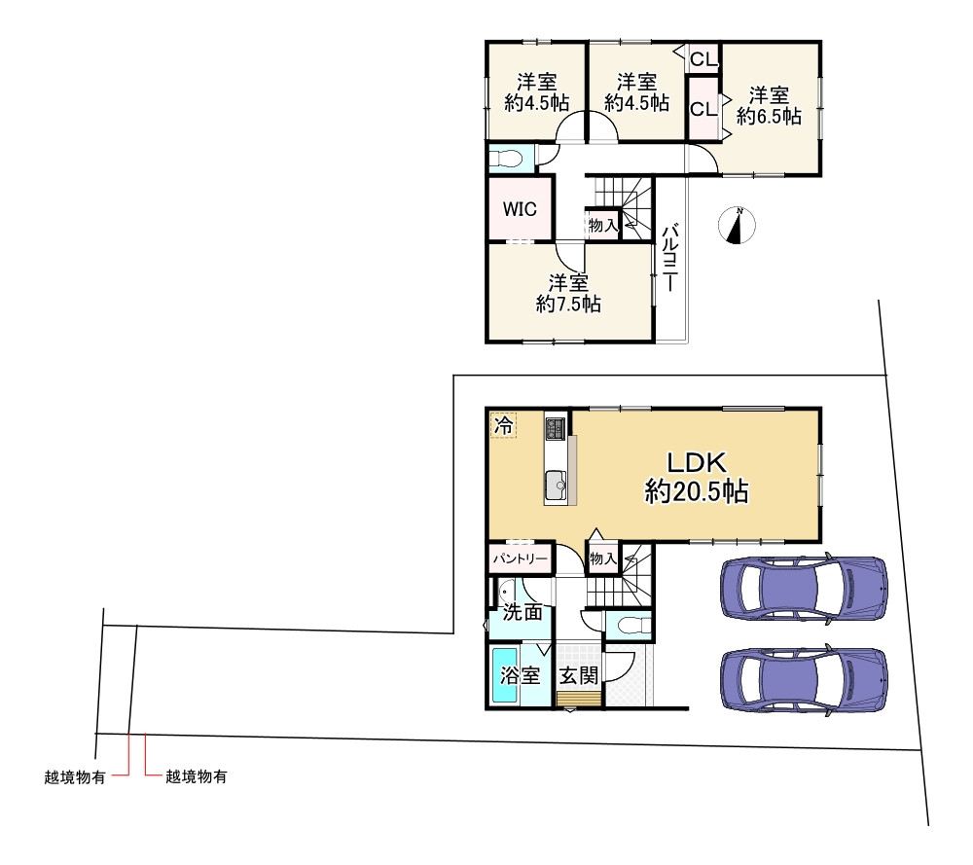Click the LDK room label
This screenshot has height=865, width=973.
pos(697,462)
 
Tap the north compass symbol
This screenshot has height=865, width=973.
pos(737,225)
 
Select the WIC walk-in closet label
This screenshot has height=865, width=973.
pos(520,209)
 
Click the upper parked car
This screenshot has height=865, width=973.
pos(805,587)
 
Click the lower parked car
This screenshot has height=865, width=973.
pos(805,680)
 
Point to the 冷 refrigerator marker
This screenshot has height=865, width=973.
pos(503,425)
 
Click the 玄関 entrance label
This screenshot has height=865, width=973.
pos(579,675)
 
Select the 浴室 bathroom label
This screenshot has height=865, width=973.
pos(520,675)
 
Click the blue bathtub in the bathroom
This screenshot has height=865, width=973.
pos(504,675)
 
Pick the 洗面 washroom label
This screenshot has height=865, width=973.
pos(523,612)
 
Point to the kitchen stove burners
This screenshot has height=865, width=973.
pos(556,427)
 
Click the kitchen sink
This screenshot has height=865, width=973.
pos(556,484)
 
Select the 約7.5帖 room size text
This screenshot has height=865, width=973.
pos(568,304)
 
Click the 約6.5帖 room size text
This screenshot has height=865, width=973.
pos(769,116)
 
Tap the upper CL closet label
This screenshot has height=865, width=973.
pos(703,59)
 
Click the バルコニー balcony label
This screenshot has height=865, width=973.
pos(668,258)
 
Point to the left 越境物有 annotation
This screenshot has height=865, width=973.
pos(75,776)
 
